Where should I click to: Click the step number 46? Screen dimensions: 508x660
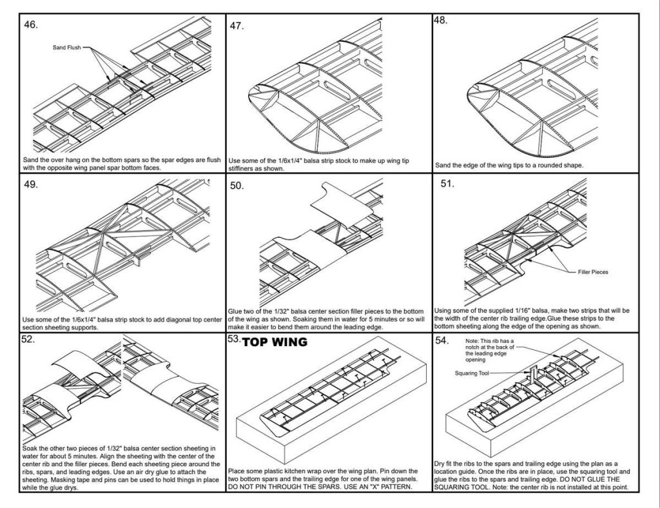[x=31, y=25]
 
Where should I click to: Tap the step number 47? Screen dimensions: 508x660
[x=236, y=26]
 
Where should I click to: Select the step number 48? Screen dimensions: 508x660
[x=441, y=20]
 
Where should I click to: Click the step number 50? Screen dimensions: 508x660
[x=237, y=186]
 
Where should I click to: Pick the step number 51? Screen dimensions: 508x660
[x=447, y=184]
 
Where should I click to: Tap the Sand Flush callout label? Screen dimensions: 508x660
[x=66, y=48]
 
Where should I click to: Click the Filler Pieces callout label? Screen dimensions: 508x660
[x=592, y=272]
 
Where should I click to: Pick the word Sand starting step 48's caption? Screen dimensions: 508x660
[x=443, y=165]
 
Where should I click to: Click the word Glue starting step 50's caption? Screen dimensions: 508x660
[x=237, y=310]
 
